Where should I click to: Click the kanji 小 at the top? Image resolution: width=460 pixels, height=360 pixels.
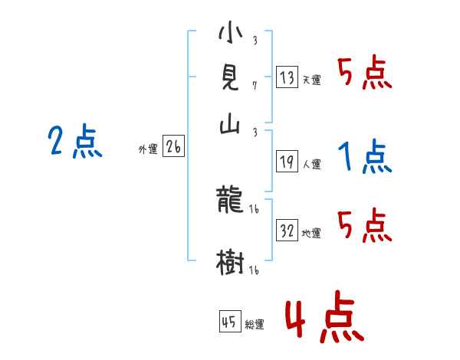pyautogui.click(x=230, y=34)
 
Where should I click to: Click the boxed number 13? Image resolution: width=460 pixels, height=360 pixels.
pyautogui.click(x=287, y=77)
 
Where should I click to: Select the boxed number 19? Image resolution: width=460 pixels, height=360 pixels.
pyautogui.click(x=287, y=162)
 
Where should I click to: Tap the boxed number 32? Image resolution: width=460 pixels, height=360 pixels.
pyautogui.click(x=287, y=231)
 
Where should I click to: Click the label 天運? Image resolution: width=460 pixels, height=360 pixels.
pyautogui.click(x=311, y=80)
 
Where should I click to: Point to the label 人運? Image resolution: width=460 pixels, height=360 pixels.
pyautogui.click(x=311, y=164)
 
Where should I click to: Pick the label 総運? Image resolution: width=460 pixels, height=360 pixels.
pyautogui.click(x=254, y=324)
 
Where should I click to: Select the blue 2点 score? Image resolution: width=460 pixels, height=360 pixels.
pyautogui.click(x=74, y=142)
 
